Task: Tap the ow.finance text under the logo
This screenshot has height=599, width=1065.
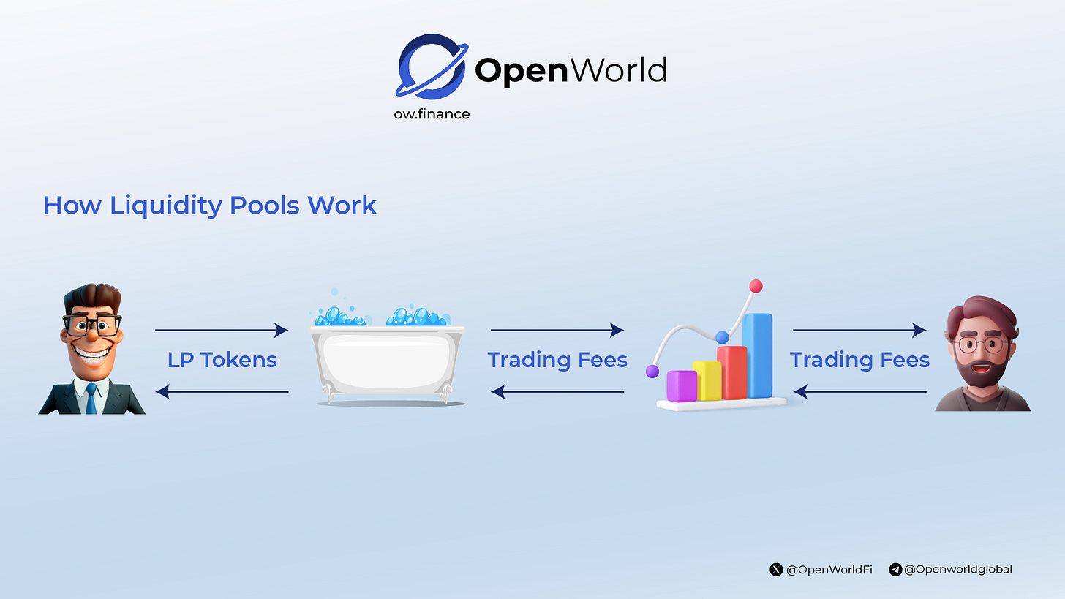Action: (x=431, y=114)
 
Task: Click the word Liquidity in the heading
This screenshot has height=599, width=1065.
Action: (x=167, y=206)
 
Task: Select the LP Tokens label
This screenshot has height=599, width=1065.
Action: (x=222, y=360)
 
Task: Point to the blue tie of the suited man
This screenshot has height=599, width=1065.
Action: (x=91, y=398)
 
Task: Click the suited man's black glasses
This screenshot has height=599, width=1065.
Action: (x=93, y=325)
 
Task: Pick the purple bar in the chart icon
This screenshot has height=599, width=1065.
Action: (x=682, y=386)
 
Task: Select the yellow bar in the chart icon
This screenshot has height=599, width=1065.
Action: (x=707, y=380)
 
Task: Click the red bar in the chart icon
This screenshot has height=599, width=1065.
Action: (x=731, y=373)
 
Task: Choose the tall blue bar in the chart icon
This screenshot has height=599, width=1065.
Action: (x=757, y=356)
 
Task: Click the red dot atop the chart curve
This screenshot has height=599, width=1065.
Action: (x=756, y=286)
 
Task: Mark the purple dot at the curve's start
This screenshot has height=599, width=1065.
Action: (x=652, y=372)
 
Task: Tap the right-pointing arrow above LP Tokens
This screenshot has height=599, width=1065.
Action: (x=222, y=331)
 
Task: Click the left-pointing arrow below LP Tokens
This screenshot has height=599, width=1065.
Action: (x=222, y=392)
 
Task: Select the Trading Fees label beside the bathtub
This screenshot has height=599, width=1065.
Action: (x=557, y=360)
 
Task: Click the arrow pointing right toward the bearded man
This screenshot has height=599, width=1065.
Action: (x=859, y=331)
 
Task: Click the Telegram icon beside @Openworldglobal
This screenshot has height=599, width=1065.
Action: (x=895, y=569)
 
